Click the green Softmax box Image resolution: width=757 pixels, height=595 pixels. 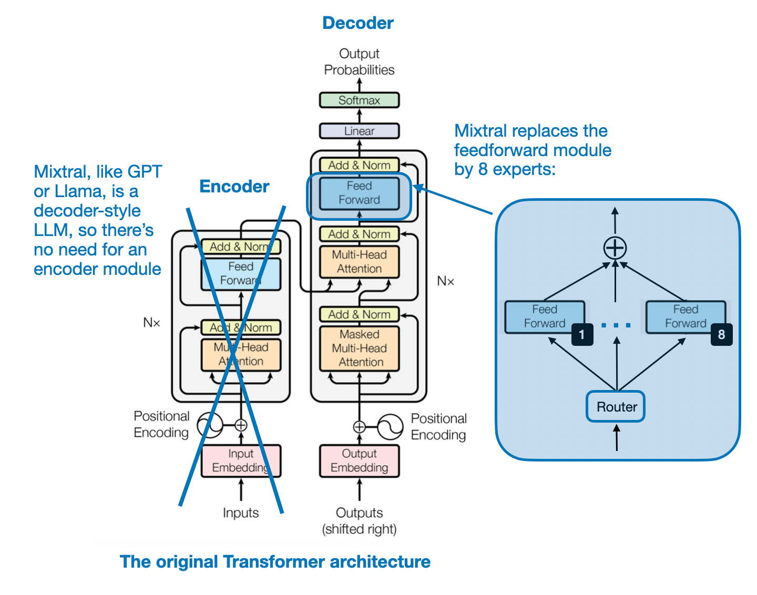(359, 100)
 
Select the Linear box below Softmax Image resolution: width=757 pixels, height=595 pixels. (359, 131)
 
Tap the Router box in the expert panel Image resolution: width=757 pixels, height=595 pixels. (616, 406)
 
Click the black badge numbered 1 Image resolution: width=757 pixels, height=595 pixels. (582, 334)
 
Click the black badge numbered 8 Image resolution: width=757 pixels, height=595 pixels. (721, 334)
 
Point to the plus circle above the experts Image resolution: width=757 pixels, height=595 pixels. (615, 248)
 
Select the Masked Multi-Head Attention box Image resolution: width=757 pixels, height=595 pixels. (359, 348)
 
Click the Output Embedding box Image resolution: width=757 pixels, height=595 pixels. (359, 460)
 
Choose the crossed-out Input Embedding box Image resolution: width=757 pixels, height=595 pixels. (241, 460)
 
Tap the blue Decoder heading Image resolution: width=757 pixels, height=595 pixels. (358, 23)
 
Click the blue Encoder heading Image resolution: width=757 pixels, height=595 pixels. (234, 187)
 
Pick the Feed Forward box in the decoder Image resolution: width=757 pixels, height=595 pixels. (359, 193)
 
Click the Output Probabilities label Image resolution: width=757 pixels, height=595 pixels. (359, 61)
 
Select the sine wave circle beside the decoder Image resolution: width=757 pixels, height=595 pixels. (390, 427)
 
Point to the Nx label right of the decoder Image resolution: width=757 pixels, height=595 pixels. (445, 281)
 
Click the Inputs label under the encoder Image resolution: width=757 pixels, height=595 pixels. (241, 512)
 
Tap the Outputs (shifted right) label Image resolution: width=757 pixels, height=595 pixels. (359, 520)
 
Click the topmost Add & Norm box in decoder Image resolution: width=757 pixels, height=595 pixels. (359, 165)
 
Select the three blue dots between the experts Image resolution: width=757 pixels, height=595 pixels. (616, 325)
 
